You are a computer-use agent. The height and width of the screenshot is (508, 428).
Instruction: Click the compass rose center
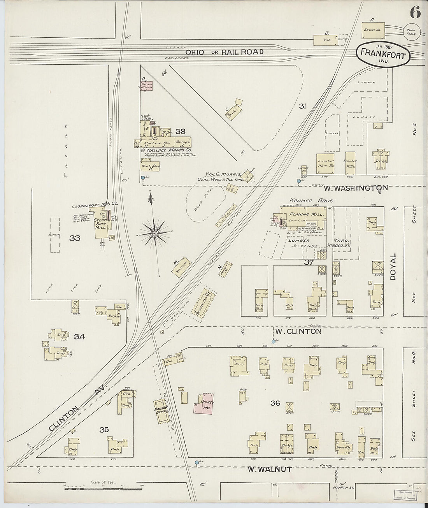[x=154, y=233]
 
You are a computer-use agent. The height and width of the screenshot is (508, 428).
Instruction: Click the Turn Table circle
[x=411, y=32]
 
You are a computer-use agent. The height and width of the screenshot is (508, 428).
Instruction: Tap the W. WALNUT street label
[x=269, y=469]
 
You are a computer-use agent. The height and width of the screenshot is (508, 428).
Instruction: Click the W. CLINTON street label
[x=298, y=332]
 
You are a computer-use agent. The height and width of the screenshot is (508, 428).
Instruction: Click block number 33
[x=75, y=238]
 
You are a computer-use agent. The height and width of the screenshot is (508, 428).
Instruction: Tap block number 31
[x=303, y=106]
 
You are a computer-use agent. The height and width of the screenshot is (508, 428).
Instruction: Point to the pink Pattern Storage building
[x=146, y=86]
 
